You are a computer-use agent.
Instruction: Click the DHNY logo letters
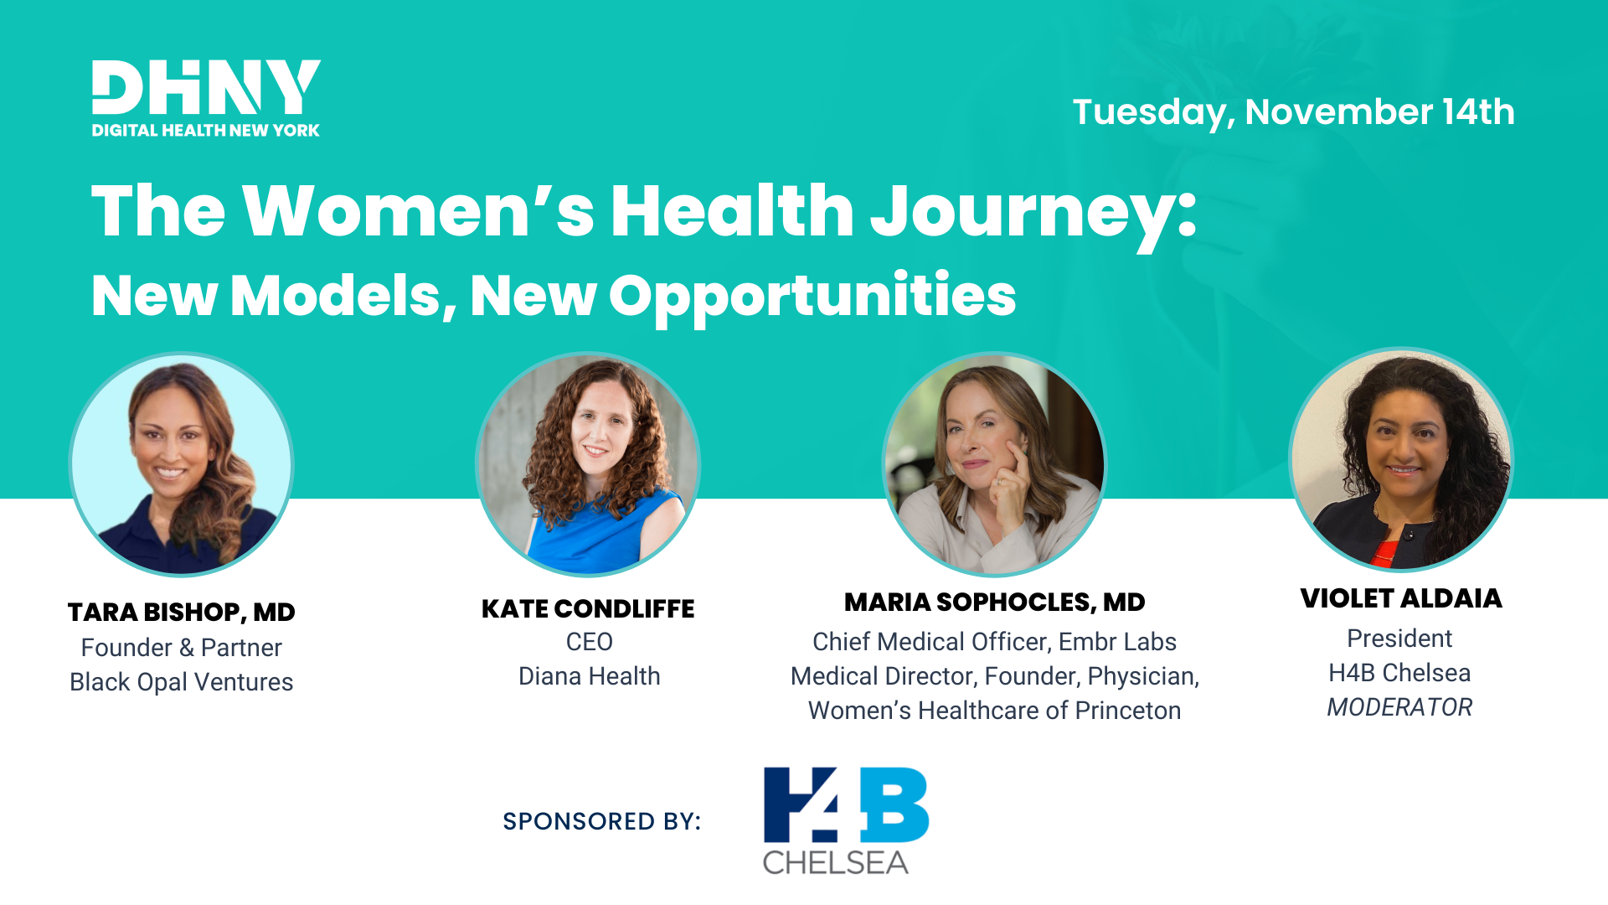click(x=205, y=87)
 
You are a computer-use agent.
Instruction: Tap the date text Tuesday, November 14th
click(x=1293, y=112)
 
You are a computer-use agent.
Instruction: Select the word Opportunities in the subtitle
click(x=812, y=296)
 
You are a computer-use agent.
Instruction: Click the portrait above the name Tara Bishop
click(x=181, y=465)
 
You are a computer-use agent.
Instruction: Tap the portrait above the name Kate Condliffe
click(x=588, y=465)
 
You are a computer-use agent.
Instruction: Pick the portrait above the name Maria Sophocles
click(x=994, y=465)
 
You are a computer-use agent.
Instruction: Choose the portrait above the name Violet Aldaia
click(x=1400, y=461)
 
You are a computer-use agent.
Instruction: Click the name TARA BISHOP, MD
click(x=181, y=613)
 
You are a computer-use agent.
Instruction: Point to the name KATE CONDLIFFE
click(x=588, y=609)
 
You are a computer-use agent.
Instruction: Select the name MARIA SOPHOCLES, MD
click(x=994, y=602)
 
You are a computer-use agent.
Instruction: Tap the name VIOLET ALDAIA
click(x=1400, y=599)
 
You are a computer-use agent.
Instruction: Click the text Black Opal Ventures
click(x=181, y=682)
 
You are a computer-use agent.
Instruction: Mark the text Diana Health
click(x=589, y=676)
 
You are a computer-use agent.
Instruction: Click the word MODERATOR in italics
click(x=1399, y=707)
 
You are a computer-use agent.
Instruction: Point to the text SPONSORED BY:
click(x=601, y=821)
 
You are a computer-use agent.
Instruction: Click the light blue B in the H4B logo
click(x=895, y=804)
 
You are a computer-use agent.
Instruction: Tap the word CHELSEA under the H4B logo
click(x=835, y=862)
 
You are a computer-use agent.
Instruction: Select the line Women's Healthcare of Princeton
click(x=994, y=711)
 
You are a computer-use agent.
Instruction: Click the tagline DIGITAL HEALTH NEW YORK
click(x=205, y=131)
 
